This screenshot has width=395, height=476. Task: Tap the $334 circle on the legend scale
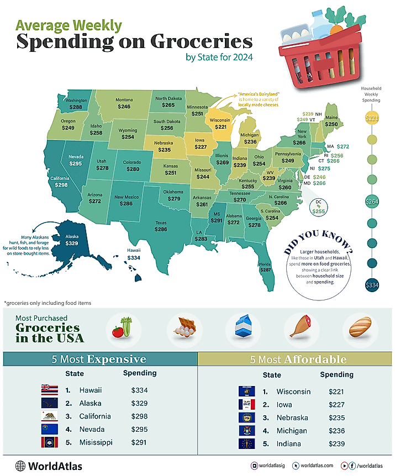[372, 285]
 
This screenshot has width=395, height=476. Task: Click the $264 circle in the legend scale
[372, 202]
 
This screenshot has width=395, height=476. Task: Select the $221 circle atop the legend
[372, 118]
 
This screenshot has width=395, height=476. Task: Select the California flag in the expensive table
[50, 416]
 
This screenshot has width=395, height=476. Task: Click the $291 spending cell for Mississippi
[140, 442]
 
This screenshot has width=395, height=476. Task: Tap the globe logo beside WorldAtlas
[21, 466]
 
